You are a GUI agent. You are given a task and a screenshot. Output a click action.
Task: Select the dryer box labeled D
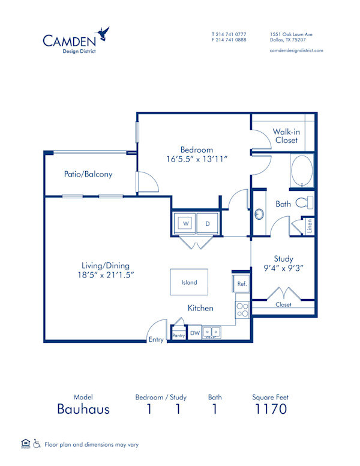point(208,223)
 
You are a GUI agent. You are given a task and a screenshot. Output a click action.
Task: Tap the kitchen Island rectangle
point(189,282)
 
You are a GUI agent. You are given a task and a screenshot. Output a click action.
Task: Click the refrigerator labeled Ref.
point(241,283)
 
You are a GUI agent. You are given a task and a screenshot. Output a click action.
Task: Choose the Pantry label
point(178,336)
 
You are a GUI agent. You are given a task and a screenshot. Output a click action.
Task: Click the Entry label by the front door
point(156,340)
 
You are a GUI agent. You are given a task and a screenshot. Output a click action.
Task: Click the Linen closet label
point(310,226)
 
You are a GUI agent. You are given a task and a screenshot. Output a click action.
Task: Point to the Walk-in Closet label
point(286,136)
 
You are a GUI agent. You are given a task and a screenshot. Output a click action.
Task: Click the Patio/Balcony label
point(88,174)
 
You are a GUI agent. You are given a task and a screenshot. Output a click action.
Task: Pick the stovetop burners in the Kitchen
point(242,310)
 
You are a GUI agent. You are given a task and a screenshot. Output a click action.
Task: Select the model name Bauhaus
point(83,410)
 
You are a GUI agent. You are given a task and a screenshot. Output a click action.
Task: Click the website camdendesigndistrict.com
point(296,50)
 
